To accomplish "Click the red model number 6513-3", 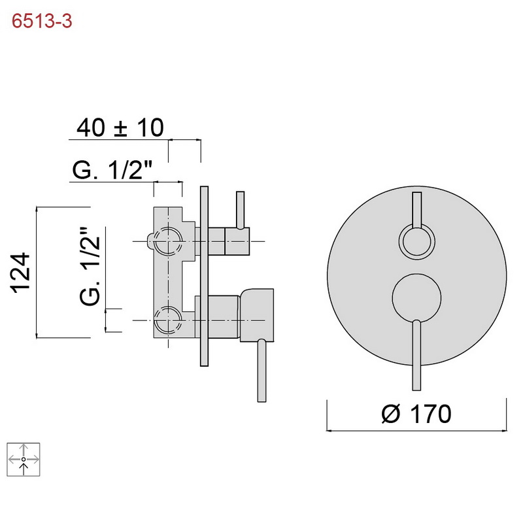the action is pos(42,22).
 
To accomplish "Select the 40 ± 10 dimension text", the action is pos(120,127).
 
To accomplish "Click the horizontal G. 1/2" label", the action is pos(112,170).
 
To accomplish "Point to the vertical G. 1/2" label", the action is pos(90,267).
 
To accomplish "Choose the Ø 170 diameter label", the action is pos(416,414).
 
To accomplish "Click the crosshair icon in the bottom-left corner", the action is pos(24,460).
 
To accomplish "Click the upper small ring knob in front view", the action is pos(417,241).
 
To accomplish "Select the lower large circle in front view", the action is pos(417,298).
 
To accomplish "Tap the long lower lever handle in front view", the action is pos(416,355).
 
